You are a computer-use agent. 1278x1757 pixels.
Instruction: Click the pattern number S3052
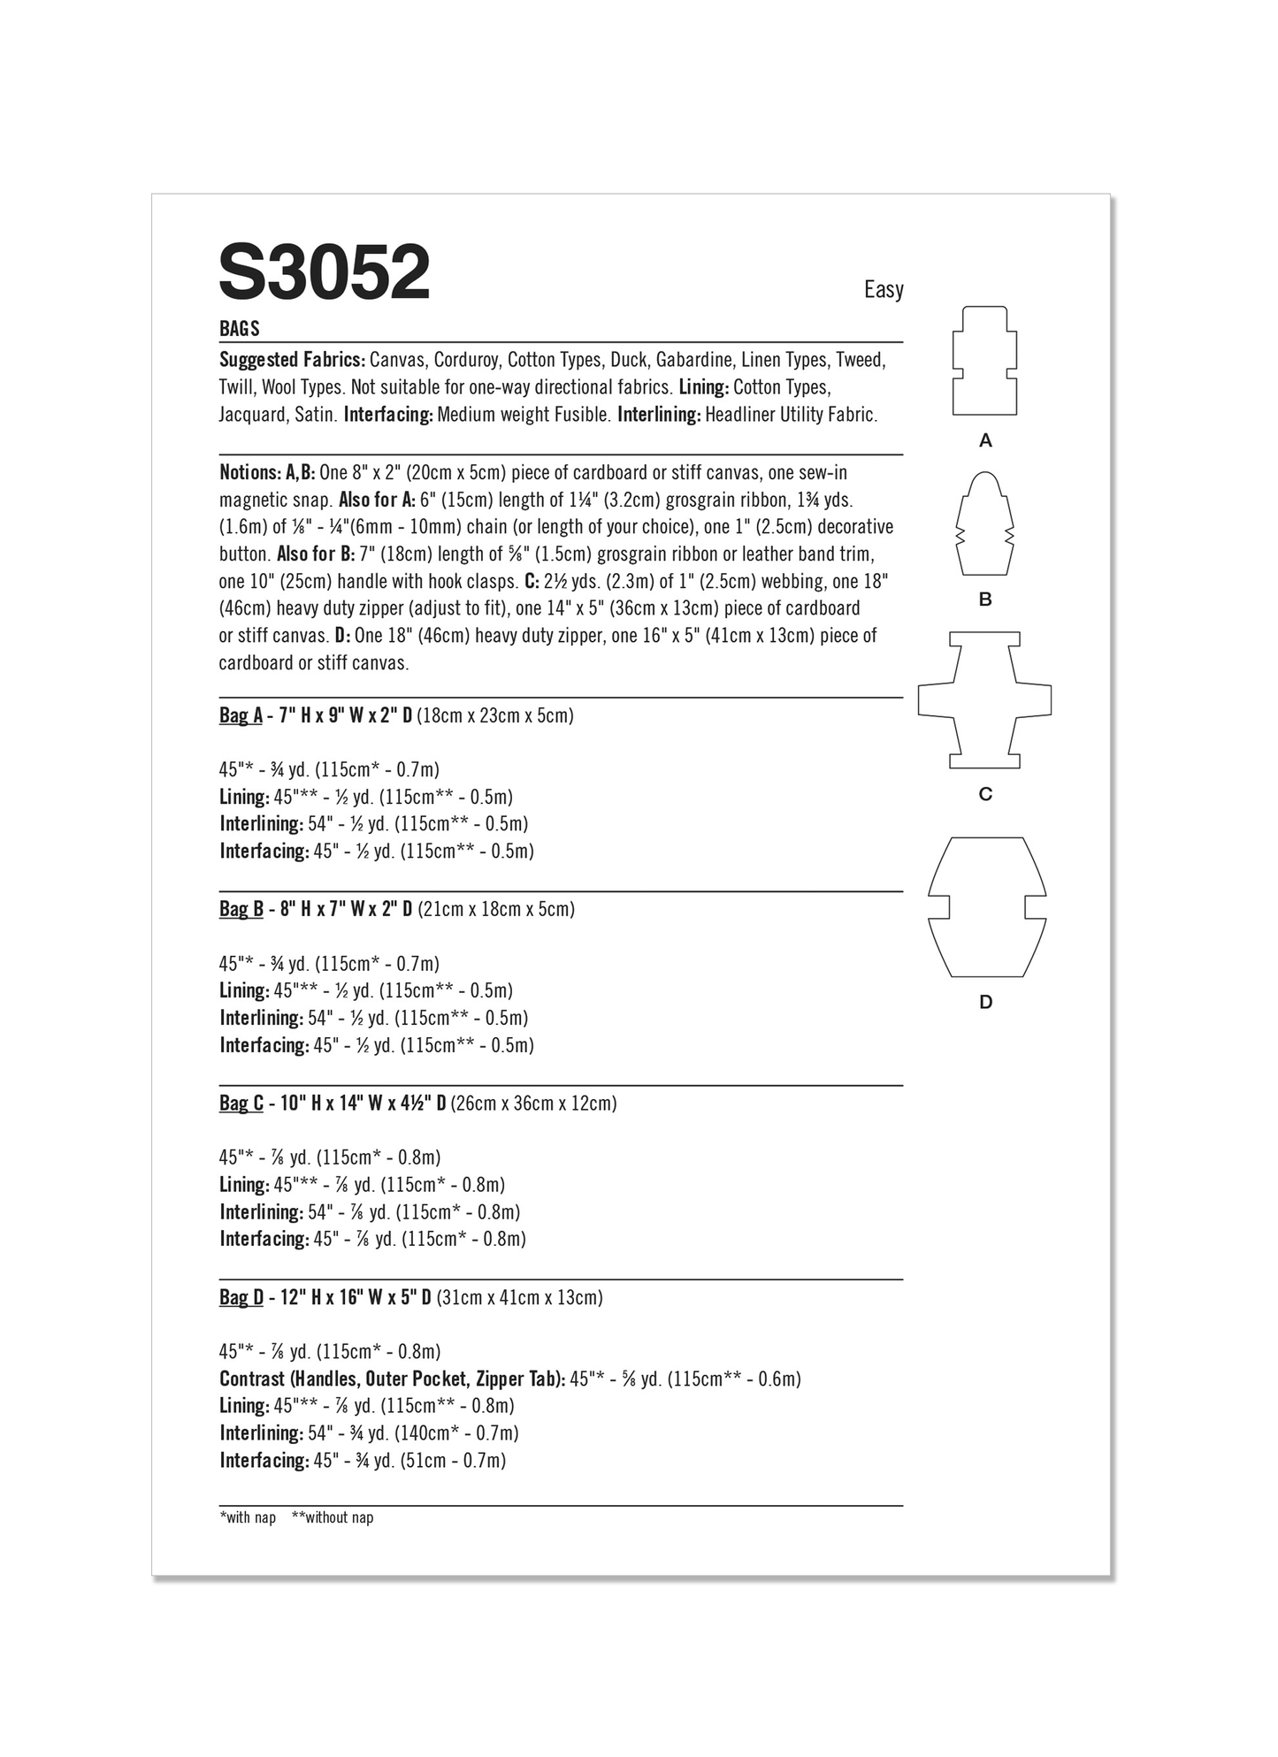pos(324,273)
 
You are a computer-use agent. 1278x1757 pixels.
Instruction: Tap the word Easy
pos(883,290)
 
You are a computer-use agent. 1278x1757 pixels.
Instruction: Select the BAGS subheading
pos(240,329)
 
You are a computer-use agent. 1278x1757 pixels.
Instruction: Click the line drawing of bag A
pos(984,361)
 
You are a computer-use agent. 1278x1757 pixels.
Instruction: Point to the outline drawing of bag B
pos(984,523)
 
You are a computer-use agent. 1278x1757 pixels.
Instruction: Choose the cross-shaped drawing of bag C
pos(984,699)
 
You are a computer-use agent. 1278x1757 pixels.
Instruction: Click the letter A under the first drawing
pos(985,440)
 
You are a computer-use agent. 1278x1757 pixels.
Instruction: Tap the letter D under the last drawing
pos(985,1002)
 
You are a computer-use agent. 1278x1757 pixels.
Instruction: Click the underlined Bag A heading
pos(241,715)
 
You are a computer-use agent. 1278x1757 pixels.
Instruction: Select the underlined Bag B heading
pos(241,909)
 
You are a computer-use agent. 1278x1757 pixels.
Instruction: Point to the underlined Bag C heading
pos(241,1104)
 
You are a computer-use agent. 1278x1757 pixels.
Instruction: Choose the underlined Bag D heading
pos(241,1297)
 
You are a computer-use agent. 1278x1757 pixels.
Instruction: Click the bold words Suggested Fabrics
pos(292,360)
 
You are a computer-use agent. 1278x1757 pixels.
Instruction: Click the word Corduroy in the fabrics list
pos(467,360)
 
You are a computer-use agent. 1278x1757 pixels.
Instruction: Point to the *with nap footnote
pos(248,1518)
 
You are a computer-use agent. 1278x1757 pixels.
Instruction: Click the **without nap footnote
pos(333,1518)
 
